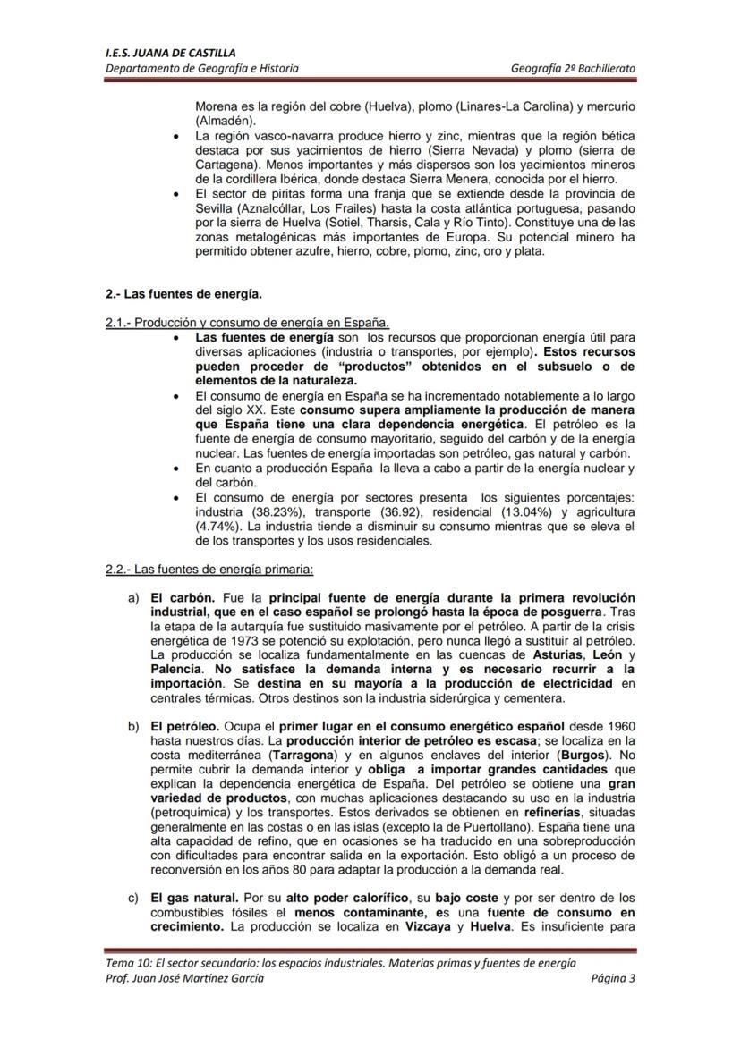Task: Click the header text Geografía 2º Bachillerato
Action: click(x=573, y=68)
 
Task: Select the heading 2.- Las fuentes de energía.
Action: click(x=183, y=292)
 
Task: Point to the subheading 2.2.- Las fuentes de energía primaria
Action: click(x=209, y=570)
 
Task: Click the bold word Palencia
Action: click(x=175, y=669)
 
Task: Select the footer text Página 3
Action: click(x=613, y=977)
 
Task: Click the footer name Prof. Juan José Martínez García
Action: click(x=184, y=977)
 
